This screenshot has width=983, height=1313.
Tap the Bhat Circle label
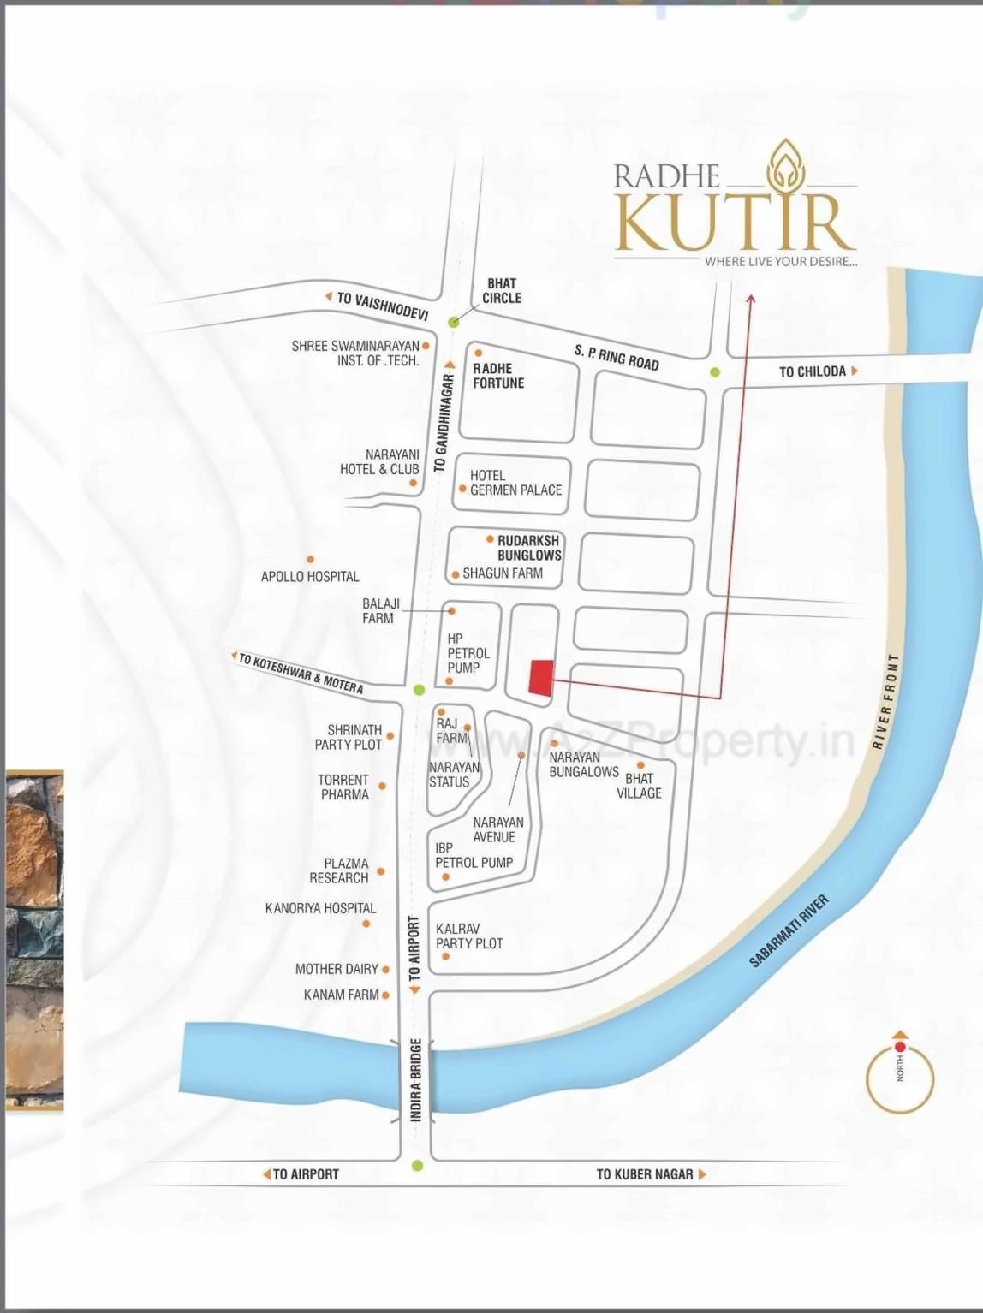coord(501,290)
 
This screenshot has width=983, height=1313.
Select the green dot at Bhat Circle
coord(454,322)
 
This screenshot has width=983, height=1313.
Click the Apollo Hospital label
coord(310,576)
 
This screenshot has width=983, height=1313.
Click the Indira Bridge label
coord(416,1080)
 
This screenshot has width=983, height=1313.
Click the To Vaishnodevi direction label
coord(382,305)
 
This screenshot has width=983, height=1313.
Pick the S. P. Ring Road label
coord(617,357)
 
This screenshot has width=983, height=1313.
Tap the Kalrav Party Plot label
coord(468,936)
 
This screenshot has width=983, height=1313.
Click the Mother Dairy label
coord(337,969)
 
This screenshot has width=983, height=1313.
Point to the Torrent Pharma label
coord(343,787)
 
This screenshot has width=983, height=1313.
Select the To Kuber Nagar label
coord(645,1174)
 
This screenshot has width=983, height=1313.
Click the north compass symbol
coord(899,1074)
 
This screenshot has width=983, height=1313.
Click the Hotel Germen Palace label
coord(515,483)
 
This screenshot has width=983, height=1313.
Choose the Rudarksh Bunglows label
coord(529,548)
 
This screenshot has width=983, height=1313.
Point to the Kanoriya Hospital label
coord(320,908)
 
